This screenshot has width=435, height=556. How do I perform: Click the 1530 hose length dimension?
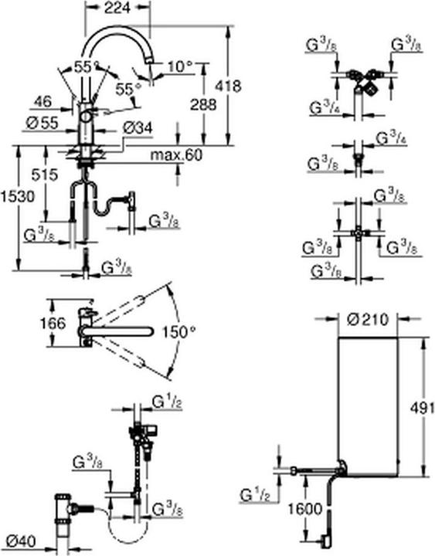click(15, 197)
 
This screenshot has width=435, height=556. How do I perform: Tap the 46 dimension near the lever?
click(44, 100)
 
